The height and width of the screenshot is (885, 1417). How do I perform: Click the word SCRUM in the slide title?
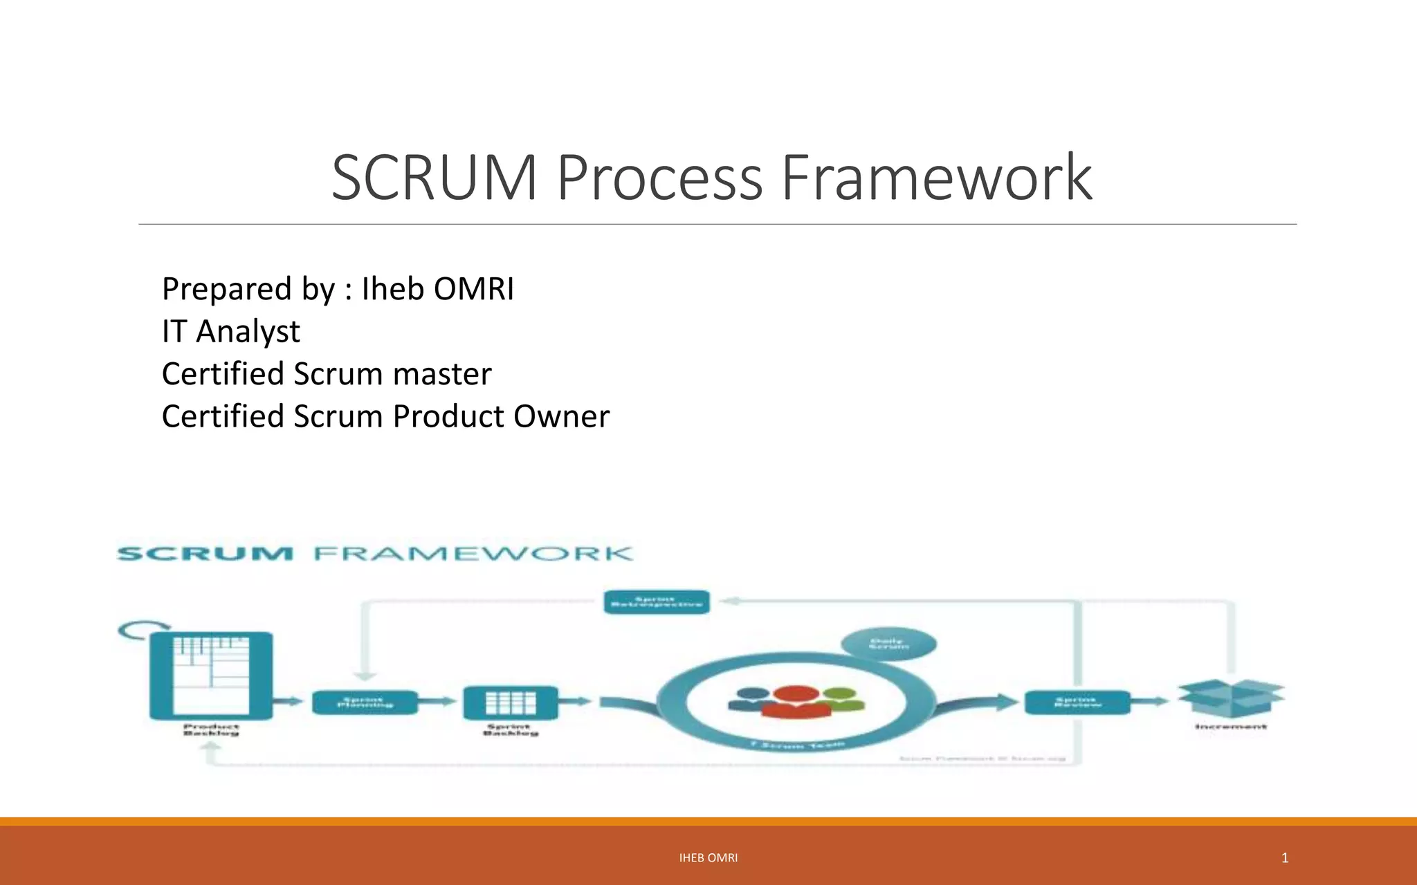(435, 178)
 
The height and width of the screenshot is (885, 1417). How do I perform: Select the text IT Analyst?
(230, 331)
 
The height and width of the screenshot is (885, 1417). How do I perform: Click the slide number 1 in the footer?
(1284, 858)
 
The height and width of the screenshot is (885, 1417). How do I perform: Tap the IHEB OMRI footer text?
(708, 858)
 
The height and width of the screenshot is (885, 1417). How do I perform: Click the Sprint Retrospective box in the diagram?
(656, 602)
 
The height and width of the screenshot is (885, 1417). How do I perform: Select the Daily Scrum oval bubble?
(888, 644)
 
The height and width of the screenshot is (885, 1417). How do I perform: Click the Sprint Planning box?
(365, 702)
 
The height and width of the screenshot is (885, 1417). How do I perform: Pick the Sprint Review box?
(1077, 702)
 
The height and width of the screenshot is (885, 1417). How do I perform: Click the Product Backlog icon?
(211, 675)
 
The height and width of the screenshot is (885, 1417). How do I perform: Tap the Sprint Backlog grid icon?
(510, 702)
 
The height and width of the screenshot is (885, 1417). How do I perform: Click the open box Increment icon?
(1231, 698)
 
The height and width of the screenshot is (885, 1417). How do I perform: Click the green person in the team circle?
(841, 698)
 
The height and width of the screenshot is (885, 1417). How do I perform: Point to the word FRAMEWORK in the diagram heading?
(473, 554)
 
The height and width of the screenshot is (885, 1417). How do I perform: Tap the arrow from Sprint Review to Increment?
(1151, 702)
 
